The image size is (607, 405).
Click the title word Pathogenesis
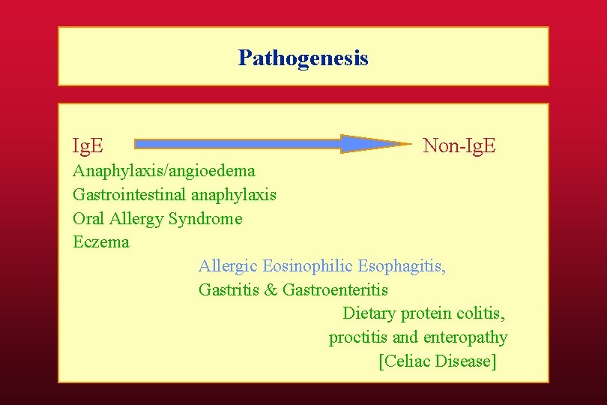click(303, 58)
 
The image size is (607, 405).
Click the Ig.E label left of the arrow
click(88, 145)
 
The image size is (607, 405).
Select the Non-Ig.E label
click(459, 145)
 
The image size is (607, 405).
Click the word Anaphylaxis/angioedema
click(163, 171)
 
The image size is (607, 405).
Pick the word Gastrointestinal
click(130, 195)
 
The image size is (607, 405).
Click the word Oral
click(88, 219)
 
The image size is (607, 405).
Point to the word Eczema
click(100, 242)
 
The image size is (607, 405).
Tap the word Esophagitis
click(401, 266)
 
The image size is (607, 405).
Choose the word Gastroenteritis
click(335, 289)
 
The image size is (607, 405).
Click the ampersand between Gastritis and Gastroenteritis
click(271, 289)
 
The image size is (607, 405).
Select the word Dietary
click(369, 313)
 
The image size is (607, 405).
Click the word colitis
click(483, 313)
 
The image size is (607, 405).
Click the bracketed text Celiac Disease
click(438, 361)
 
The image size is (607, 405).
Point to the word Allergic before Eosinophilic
click(228, 266)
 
